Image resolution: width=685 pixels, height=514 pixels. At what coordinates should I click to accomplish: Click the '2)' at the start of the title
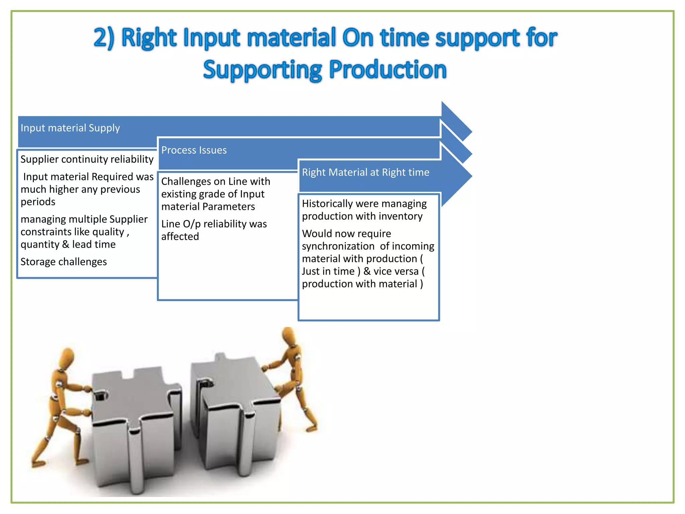click(x=104, y=37)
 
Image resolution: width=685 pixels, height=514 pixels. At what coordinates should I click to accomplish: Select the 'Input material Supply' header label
click(x=70, y=128)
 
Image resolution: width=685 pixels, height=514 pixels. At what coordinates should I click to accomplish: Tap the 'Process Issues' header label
click(x=194, y=150)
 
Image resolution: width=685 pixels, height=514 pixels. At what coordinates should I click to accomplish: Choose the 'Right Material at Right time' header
click(x=365, y=172)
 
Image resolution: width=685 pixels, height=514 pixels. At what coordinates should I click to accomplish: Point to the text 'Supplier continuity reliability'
click(x=87, y=159)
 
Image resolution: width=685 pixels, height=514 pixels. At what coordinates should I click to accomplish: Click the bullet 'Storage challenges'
click(x=64, y=262)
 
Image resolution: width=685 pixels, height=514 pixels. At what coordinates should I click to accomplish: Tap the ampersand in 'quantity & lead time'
click(x=66, y=244)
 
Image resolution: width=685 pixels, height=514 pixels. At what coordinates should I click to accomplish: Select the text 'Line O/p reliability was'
click(x=214, y=224)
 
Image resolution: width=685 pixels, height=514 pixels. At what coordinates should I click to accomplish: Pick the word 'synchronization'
click(x=338, y=246)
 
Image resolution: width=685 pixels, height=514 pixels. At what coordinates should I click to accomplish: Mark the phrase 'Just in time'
click(x=328, y=271)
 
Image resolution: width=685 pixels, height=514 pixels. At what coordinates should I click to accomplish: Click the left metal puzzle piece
click(x=134, y=425)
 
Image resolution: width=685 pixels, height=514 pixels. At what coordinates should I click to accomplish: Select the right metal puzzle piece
click(x=234, y=412)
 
